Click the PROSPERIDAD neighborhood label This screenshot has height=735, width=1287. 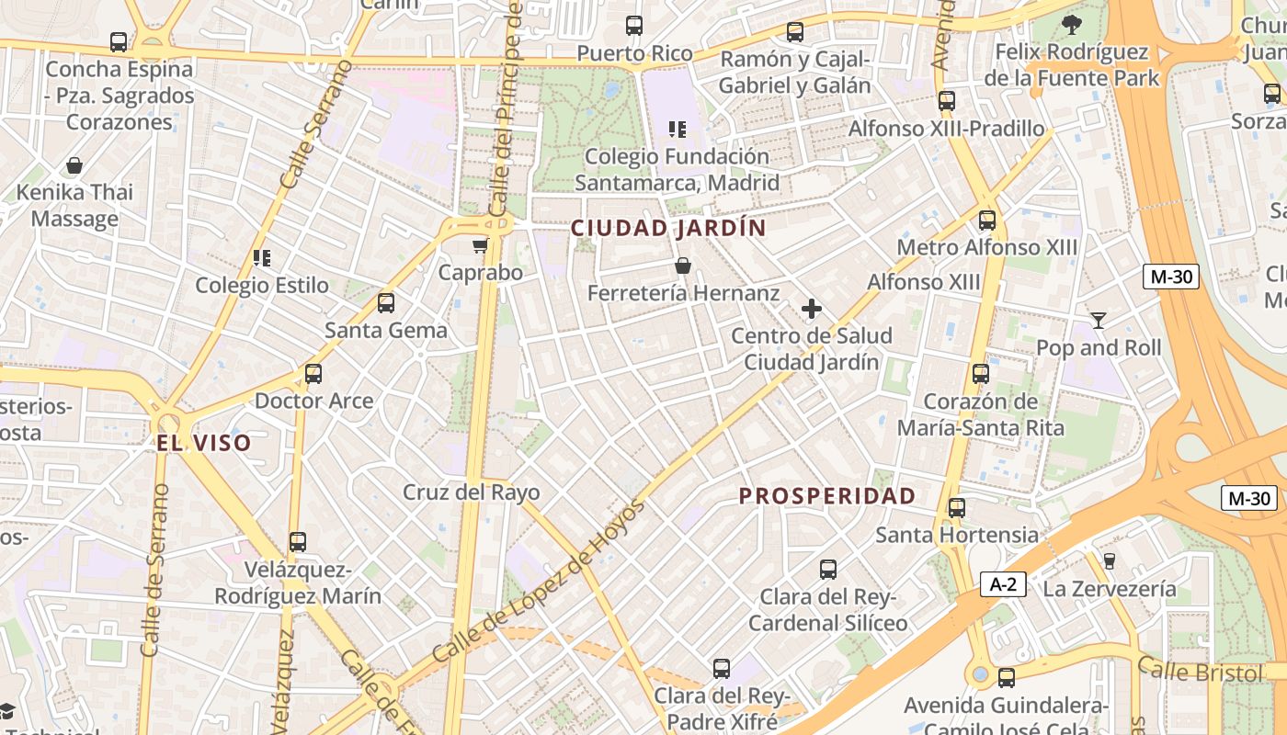click(827, 496)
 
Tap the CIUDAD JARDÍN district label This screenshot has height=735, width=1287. click(668, 228)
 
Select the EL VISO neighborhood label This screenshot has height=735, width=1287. click(203, 443)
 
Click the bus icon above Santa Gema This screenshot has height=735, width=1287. click(386, 302)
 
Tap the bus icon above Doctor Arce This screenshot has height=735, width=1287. click(313, 374)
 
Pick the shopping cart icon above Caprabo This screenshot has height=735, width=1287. click(480, 245)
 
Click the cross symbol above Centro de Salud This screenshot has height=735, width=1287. click(811, 309)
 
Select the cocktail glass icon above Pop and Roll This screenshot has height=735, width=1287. click(1098, 321)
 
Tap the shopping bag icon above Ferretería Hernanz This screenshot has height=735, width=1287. click(683, 266)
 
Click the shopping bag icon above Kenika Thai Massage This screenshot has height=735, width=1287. click(74, 165)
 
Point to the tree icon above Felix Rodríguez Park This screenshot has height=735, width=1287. click(1071, 25)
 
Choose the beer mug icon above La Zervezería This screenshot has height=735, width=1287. click(1109, 560)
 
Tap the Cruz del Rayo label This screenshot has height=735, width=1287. click(472, 492)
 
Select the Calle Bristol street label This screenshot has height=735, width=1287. click(1200, 672)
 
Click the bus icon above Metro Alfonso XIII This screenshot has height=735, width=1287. click(986, 220)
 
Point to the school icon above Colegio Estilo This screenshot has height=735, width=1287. click(262, 258)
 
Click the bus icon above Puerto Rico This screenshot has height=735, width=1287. click(634, 26)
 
